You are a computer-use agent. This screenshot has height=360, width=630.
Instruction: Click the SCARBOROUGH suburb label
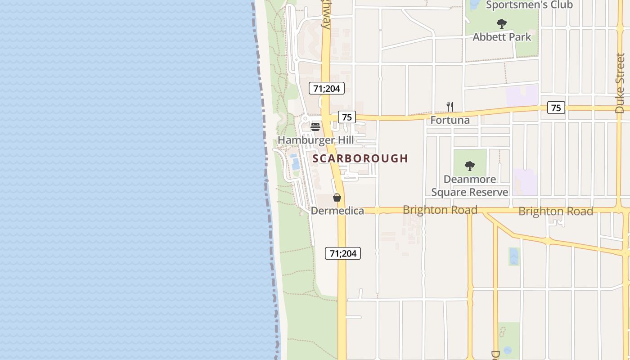(360, 158)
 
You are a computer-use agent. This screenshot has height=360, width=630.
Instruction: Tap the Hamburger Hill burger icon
(315, 126)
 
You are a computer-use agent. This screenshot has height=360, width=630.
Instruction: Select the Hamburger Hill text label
(315, 140)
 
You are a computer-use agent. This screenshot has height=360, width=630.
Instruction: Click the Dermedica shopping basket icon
(337, 197)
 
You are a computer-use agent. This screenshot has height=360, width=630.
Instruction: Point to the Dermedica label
(337, 211)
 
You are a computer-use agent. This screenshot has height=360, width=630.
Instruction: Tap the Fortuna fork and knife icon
(450, 106)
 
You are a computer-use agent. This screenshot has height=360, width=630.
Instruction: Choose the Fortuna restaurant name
(450, 120)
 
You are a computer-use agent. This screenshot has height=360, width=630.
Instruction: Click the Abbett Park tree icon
(502, 24)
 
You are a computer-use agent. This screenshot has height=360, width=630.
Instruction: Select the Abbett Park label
(502, 37)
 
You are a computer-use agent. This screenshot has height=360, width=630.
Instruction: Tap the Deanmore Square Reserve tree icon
(470, 166)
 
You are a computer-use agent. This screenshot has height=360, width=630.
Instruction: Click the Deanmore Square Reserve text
(470, 186)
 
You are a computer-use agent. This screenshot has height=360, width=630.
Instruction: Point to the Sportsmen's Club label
(529, 5)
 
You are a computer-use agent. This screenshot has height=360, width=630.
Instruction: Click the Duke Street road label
(620, 83)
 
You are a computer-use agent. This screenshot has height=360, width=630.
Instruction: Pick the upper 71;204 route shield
(327, 88)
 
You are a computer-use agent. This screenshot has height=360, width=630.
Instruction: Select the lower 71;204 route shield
(343, 253)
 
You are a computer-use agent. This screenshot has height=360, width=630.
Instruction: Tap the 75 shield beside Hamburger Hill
(346, 117)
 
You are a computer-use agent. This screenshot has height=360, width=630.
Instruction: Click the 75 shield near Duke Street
(556, 108)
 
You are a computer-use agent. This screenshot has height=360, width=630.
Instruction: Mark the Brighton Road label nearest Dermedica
(440, 210)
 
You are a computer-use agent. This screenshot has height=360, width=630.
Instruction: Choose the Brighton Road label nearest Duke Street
(556, 211)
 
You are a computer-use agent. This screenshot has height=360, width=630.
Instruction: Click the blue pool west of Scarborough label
(295, 163)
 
